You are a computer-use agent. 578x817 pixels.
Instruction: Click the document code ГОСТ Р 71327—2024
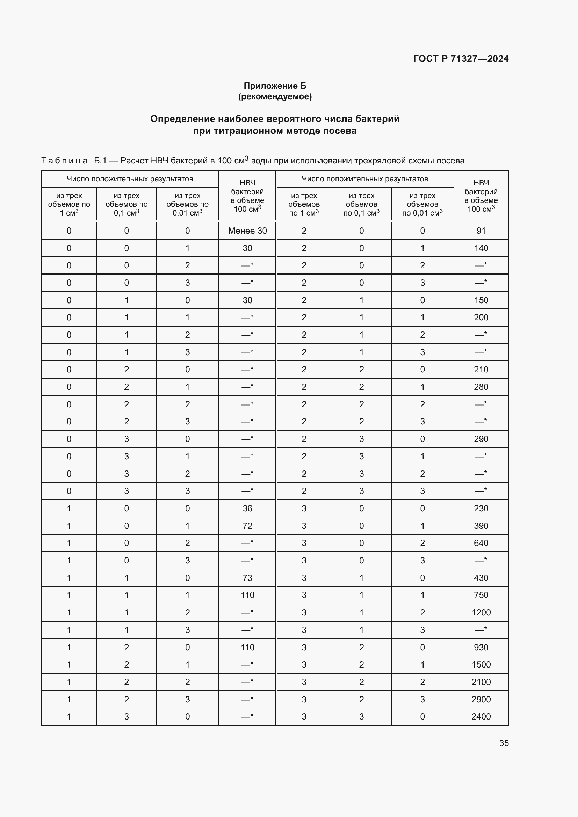coord(461,59)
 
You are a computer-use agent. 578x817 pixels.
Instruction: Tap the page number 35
coord(504,743)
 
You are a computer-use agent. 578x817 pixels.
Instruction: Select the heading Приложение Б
coord(275,86)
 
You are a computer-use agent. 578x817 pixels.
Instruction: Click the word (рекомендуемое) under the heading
coord(275,96)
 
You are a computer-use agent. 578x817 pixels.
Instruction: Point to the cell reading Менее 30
coord(247,231)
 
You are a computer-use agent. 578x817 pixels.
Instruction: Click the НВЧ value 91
coord(481,231)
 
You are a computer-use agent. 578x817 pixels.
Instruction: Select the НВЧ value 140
coord(481,248)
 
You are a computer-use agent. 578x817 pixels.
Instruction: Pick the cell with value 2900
coord(481,699)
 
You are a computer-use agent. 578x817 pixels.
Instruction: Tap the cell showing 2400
coord(481,716)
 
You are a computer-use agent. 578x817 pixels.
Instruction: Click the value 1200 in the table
coord(481,612)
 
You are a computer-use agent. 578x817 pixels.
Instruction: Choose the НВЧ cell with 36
coord(247,508)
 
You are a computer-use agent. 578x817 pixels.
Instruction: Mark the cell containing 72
coord(247,526)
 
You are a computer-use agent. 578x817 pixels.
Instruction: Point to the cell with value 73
coord(247,578)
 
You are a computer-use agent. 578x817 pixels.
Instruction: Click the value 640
coord(481,543)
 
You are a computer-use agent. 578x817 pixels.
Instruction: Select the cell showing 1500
coord(481,664)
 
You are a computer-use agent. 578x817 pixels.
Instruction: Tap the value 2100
coord(481,682)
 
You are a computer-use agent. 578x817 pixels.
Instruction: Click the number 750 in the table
coord(481,595)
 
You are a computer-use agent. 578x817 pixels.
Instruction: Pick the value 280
coord(481,387)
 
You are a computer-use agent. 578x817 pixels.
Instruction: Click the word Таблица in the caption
coord(64,161)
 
